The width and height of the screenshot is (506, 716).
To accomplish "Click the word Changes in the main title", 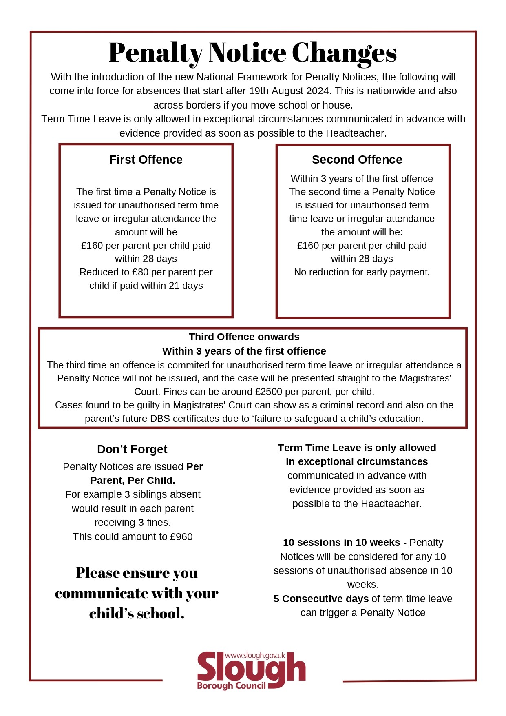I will [x=344, y=53].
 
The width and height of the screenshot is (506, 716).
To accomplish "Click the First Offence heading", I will [x=146, y=160].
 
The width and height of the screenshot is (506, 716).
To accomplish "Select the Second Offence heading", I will [x=357, y=160].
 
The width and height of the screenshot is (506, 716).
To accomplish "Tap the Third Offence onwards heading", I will [x=244, y=337].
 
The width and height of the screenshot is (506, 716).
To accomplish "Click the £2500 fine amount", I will [x=269, y=392].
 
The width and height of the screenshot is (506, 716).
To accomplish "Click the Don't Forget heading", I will [x=132, y=449].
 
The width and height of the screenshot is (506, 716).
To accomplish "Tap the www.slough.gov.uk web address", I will [x=255, y=655].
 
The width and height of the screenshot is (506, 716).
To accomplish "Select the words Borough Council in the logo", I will [x=231, y=686].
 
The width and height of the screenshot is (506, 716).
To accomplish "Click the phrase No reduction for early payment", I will [x=362, y=272].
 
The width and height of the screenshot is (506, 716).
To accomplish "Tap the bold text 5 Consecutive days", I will [x=321, y=599].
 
